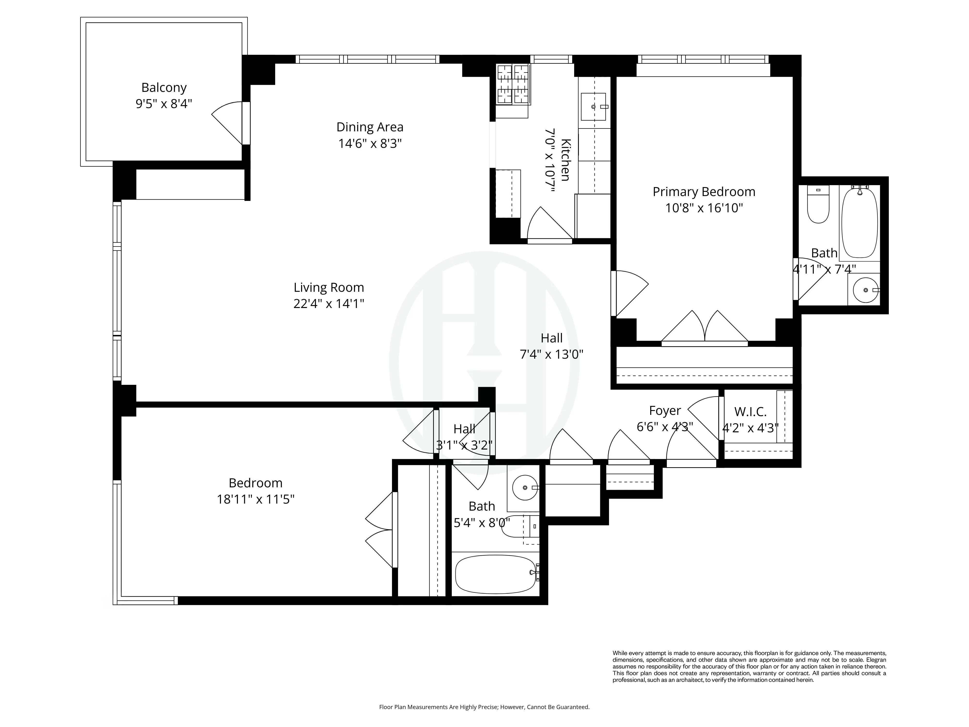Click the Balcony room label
164,88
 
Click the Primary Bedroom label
703,192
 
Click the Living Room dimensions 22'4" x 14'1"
328,303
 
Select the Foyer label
664,411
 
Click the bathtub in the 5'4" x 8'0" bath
495,574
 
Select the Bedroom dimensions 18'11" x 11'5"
255,499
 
